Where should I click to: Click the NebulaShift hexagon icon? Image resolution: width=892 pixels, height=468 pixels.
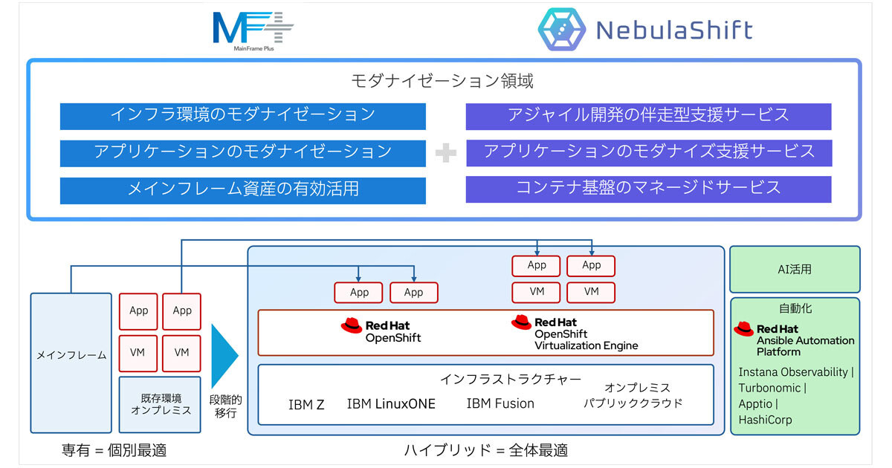click(561, 30)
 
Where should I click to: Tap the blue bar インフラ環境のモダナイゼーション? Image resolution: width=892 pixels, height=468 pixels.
click(242, 116)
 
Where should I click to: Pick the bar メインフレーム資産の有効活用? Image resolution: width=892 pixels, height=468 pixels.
click(242, 189)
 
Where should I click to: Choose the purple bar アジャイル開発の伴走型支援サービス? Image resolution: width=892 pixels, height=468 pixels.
click(648, 116)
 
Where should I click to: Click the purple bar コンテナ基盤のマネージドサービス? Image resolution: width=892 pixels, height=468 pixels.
click(648, 189)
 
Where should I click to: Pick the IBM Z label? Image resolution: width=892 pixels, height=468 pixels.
click(306, 405)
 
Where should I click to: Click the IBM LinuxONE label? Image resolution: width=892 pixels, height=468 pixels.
click(391, 404)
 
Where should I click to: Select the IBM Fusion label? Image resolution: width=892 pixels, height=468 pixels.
click(500, 403)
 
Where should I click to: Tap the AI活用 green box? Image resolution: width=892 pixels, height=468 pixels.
click(795, 270)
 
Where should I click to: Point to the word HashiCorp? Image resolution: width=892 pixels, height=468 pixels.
click(765, 420)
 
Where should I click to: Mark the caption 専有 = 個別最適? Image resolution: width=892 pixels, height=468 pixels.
click(114, 449)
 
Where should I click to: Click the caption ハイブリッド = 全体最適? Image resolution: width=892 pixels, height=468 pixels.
click(486, 450)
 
